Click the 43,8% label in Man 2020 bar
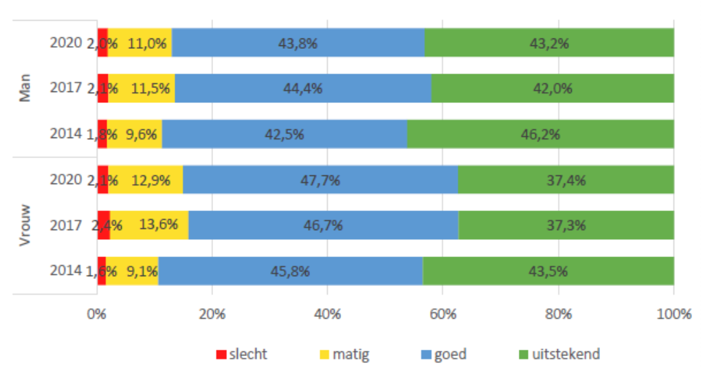tap(298, 43)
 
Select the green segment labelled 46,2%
tap(540, 134)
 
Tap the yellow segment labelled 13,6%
tap(149, 225)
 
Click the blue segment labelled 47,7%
tap(320, 180)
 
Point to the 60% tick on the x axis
tap(443, 315)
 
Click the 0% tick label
tap(96, 315)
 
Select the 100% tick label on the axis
tap(674, 315)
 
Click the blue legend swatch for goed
tap(426, 355)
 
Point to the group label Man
tap(26, 89)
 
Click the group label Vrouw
tap(26, 225)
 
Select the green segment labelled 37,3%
tap(566, 225)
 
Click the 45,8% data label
tap(290, 271)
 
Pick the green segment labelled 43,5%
tap(548, 271)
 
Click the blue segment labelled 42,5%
tap(284, 134)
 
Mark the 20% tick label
tap(212, 315)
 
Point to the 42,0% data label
tap(553, 88)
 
